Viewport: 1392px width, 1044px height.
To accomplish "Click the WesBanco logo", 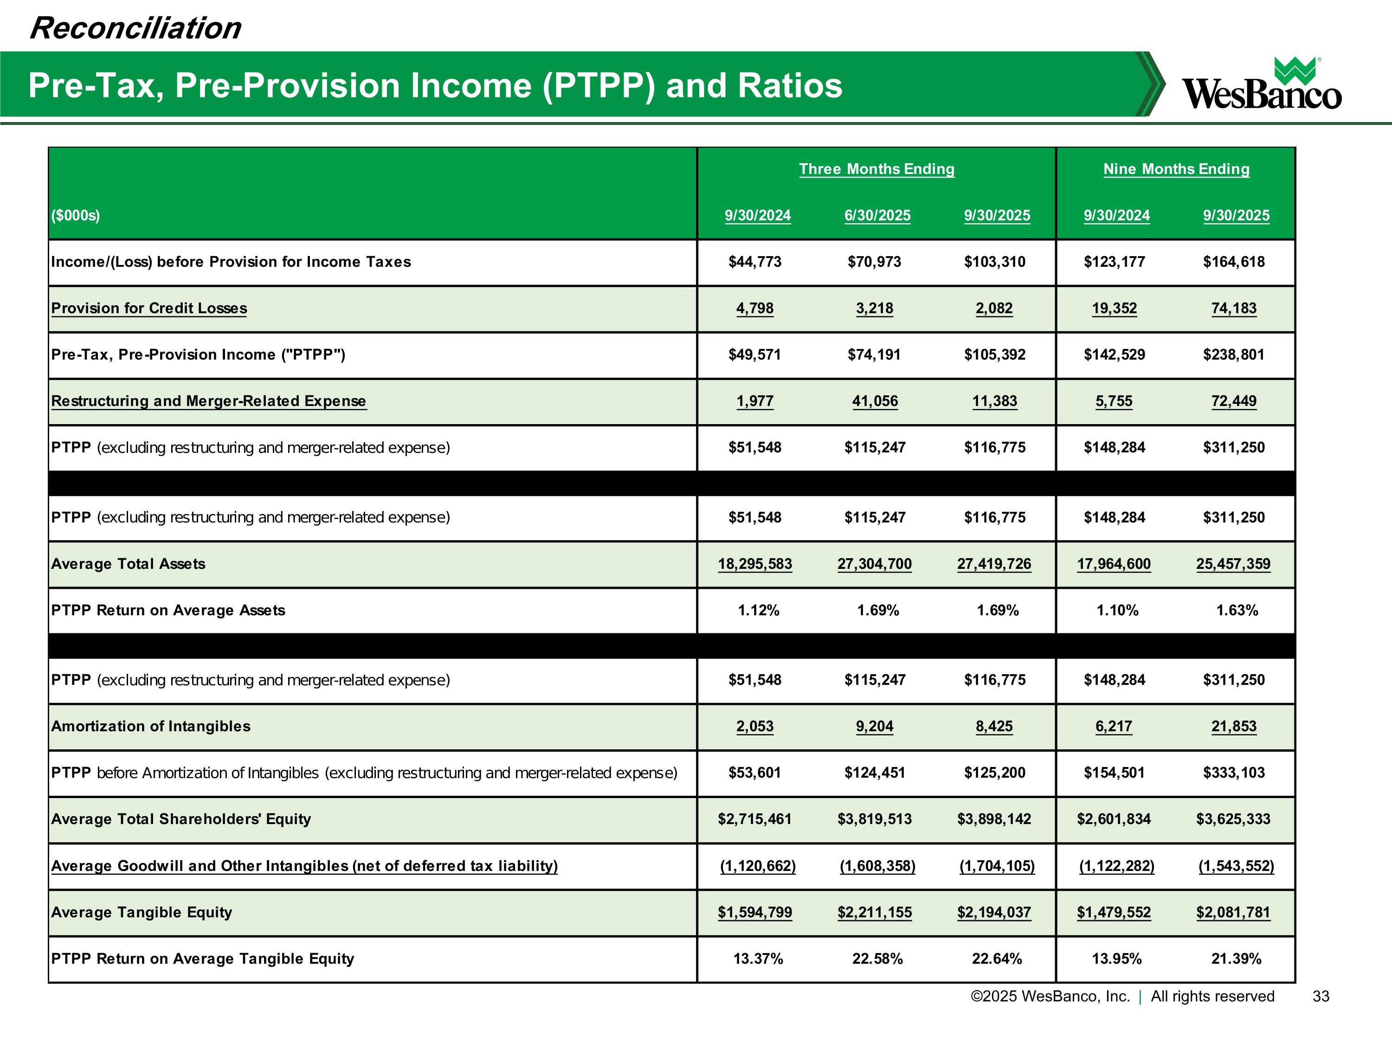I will pyautogui.click(x=1261, y=85).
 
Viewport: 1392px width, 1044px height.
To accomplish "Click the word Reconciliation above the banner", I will pyautogui.click(x=135, y=28).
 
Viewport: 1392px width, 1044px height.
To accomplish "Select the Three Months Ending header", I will pyautogui.click(x=876, y=169).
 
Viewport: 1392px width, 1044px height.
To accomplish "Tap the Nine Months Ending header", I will pyautogui.click(x=1176, y=169).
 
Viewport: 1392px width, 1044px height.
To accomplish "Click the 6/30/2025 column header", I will pyautogui.click(x=877, y=215).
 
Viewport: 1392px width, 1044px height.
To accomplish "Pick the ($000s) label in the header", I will pyautogui.click(x=76, y=215).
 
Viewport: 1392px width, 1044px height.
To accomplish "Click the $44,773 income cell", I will pyautogui.click(x=754, y=262).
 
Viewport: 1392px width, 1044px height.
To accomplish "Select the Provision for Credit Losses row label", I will pyautogui.click(x=149, y=309).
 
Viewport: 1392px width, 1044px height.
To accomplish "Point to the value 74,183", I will pyautogui.click(x=1233, y=309).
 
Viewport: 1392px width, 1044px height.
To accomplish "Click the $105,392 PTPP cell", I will pyautogui.click(x=994, y=355).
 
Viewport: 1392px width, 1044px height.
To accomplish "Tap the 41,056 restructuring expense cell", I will pyautogui.click(x=875, y=401).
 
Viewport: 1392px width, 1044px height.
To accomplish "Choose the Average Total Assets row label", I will pyautogui.click(x=129, y=564).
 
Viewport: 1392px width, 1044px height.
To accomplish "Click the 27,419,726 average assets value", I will pyautogui.click(x=994, y=564).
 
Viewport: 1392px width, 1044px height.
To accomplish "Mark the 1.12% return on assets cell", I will pyautogui.click(x=758, y=611).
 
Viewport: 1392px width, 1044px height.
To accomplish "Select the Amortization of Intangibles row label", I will pyautogui.click(x=151, y=726).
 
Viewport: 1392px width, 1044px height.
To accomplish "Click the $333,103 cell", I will pyautogui.click(x=1233, y=773).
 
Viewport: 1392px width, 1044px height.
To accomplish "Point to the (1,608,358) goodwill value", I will pyautogui.click(x=877, y=866).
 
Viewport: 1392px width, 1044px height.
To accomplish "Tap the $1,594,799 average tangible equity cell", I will pyautogui.click(x=754, y=913).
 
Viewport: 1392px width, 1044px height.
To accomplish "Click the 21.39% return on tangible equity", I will pyautogui.click(x=1236, y=959).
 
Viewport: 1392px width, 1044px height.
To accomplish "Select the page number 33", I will pyautogui.click(x=1321, y=996).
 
